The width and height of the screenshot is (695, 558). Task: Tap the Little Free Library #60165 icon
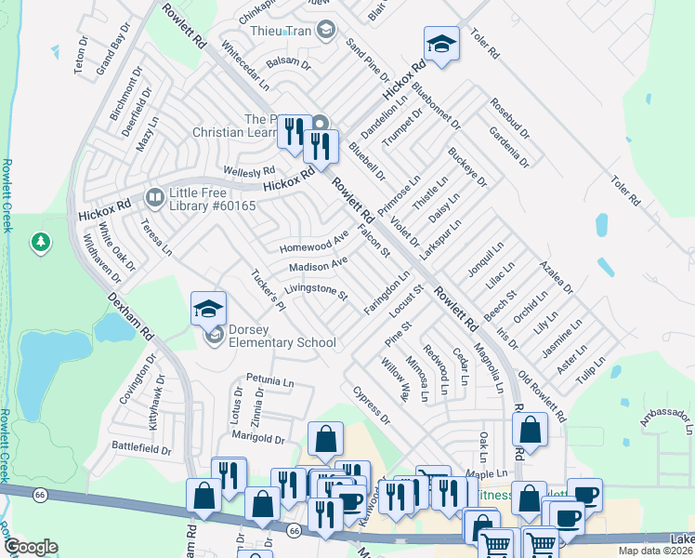pos(154,198)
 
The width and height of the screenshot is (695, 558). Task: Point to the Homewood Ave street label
pos(313,246)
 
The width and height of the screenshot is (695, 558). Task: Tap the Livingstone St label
pos(315,293)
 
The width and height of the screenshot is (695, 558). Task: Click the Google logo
pos(31,546)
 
